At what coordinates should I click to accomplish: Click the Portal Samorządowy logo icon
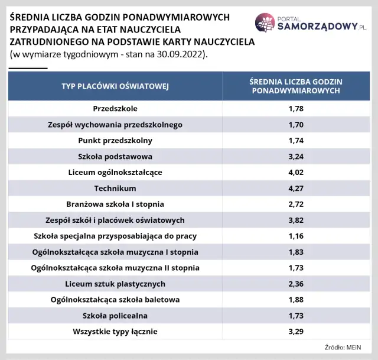(x=266, y=22)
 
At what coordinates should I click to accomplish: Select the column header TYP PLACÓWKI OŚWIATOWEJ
(x=115, y=86)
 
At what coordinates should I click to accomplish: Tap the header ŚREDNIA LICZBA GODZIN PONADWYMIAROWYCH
(x=295, y=86)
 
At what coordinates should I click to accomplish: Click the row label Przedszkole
(x=115, y=109)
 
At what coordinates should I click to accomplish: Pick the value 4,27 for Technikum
(x=295, y=189)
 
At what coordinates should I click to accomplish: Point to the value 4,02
(x=295, y=173)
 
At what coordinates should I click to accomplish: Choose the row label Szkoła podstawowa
(x=115, y=157)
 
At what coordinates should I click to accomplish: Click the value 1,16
(x=295, y=236)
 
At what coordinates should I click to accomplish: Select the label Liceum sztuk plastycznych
(x=115, y=284)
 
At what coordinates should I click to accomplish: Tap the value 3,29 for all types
(x=295, y=332)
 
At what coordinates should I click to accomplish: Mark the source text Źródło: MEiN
(x=343, y=347)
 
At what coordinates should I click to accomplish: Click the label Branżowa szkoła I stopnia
(x=115, y=205)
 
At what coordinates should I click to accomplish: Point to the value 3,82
(x=295, y=220)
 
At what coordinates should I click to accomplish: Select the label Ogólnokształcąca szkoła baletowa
(x=115, y=300)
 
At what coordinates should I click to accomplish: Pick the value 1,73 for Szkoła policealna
(x=295, y=316)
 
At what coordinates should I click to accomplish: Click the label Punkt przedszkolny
(x=115, y=141)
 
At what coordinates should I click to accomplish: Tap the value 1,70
(x=295, y=125)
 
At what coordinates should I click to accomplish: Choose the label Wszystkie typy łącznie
(x=115, y=332)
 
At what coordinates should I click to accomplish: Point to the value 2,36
(x=295, y=284)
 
